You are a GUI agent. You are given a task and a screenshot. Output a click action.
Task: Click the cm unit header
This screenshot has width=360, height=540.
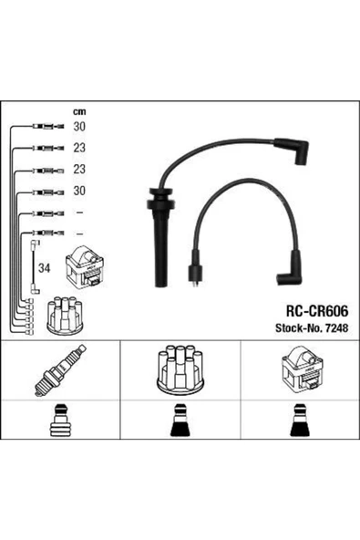(79, 112)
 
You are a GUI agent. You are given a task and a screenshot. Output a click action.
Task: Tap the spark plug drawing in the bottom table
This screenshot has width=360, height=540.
(59, 372)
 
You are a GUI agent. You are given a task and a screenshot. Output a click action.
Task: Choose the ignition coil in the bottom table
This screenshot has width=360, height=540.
(299, 371)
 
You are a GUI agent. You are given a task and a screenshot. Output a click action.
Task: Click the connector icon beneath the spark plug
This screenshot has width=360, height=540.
(59, 426)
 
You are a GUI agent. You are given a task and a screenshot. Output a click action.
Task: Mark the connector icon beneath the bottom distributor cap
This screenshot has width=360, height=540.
(179, 426)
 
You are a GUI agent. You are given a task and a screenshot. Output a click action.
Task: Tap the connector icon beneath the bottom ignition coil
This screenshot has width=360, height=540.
(299, 426)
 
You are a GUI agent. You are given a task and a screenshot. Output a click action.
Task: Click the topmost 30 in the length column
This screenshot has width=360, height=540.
(79, 128)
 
